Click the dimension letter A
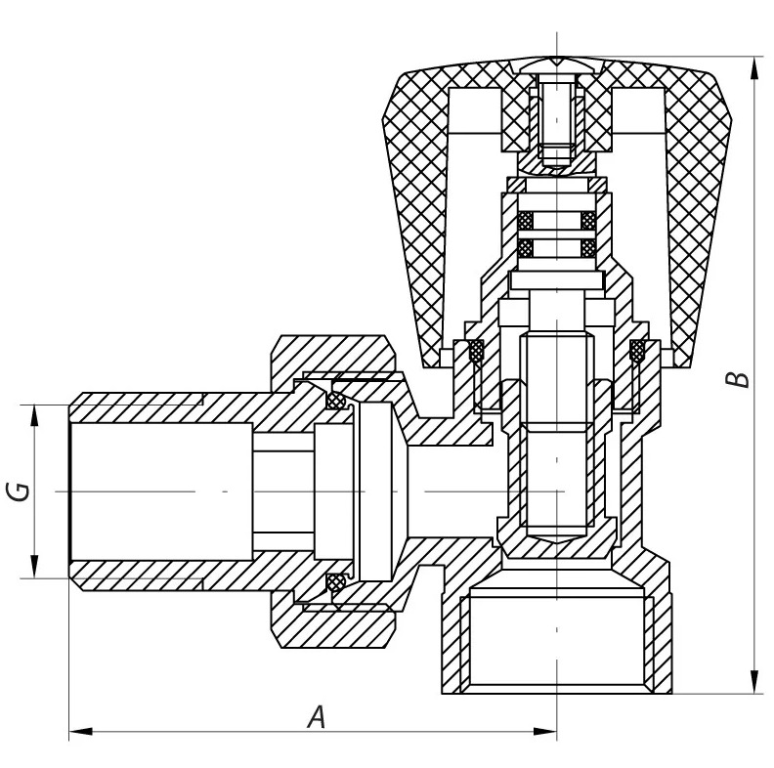coord(317,717)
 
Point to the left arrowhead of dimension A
coord(80,731)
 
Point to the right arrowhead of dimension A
coord(545,731)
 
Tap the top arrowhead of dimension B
coord(753,68)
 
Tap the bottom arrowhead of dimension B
coord(753,682)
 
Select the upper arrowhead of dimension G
coord(34,416)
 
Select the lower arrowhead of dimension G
coord(34,566)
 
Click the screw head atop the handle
coord(557,65)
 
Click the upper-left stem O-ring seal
coord(526,221)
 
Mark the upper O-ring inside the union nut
coord(337,400)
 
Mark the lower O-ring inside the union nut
coord(337,582)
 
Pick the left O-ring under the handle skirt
coord(476,352)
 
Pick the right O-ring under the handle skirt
coord(637,352)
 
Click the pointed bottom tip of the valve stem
coord(556,543)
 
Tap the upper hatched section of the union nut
coord(335,357)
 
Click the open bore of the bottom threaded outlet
coord(557,642)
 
